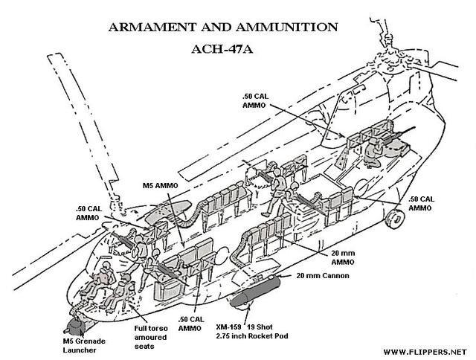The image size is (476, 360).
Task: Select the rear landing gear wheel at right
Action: pyautogui.click(x=396, y=217)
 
